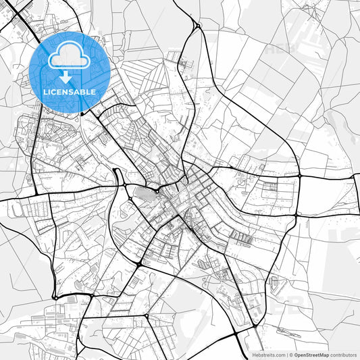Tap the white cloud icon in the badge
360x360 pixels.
point(70,55)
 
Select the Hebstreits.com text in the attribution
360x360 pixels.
point(267,355)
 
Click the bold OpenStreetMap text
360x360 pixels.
point(311,355)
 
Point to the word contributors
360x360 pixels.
point(344,355)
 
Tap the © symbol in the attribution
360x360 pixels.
point(290,355)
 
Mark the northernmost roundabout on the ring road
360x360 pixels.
point(197,26)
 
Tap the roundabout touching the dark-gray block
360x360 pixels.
point(156,191)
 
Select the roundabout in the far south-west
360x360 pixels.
point(55,297)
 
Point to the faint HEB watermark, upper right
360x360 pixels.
point(280,49)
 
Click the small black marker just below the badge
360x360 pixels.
point(82,114)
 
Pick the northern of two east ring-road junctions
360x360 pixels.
point(297,176)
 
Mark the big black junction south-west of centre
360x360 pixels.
point(138,263)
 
